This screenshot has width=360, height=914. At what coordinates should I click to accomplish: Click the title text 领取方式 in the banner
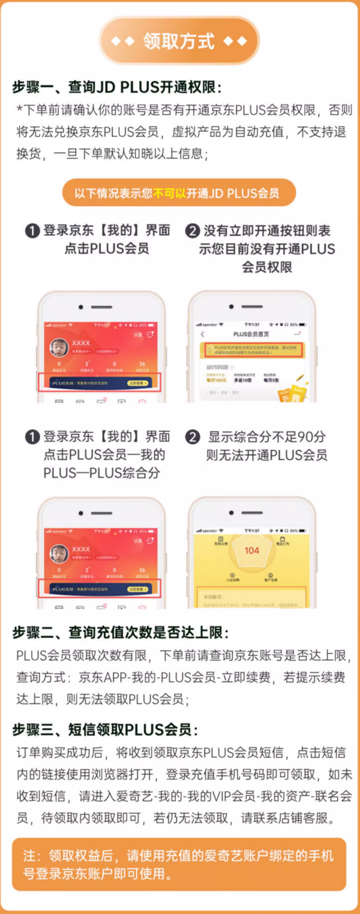179,41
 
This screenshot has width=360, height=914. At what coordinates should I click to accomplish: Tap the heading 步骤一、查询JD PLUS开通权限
117,87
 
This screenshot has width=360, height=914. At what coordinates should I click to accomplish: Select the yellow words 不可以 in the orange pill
170,193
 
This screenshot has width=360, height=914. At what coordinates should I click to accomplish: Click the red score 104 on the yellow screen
251,550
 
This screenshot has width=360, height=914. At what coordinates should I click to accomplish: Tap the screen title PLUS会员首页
251,334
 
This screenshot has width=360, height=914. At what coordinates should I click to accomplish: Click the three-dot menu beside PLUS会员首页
296,334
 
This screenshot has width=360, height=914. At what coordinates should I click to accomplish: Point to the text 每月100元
209,380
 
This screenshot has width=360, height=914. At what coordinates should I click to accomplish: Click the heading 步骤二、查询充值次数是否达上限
121,633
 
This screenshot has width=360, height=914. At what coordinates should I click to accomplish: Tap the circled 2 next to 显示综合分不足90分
192,437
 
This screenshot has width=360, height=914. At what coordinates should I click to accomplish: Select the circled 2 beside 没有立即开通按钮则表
193,231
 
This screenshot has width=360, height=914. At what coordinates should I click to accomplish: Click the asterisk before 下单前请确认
20,110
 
